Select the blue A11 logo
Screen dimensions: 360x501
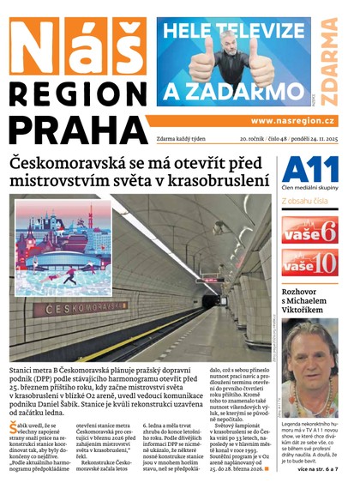[304, 168]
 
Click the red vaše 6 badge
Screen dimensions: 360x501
[311, 230]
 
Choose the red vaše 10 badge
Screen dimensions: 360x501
[311, 263]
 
